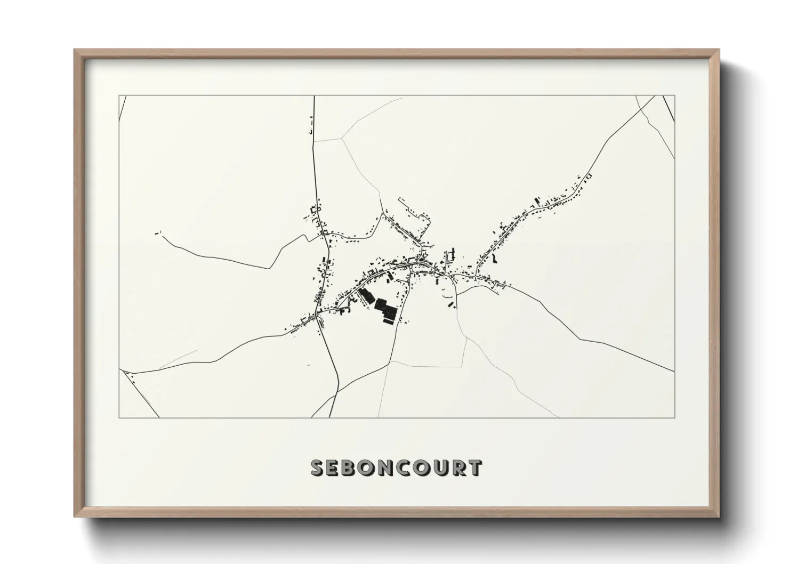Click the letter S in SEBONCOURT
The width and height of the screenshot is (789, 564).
click(x=317, y=468)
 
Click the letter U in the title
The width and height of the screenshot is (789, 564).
click(x=441, y=468)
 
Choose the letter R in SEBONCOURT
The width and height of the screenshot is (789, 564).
click(x=458, y=468)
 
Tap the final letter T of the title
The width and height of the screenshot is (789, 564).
click(x=475, y=468)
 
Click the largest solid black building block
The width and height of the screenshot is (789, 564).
click(x=387, y=312)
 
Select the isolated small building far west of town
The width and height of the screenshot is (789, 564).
click(x=158, y=232)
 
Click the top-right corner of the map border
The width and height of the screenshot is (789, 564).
click(x=674, y=96)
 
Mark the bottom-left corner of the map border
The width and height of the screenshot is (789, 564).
click(x=119, y=417)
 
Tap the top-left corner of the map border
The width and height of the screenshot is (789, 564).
click(x=119, y=96)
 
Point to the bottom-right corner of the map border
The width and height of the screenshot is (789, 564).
click(x=674, y=417)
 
